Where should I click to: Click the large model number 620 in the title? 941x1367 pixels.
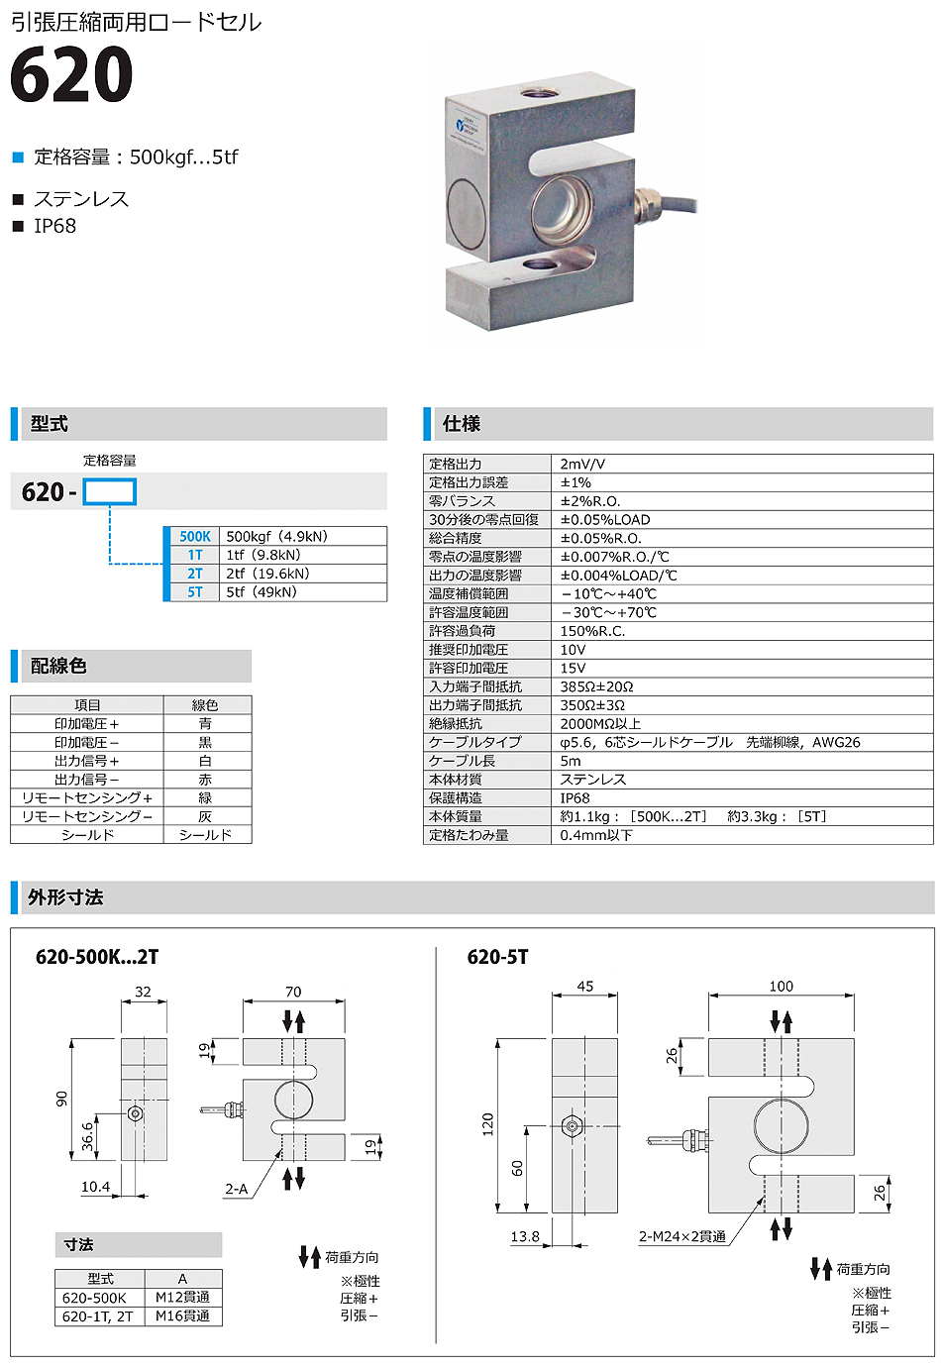coord(71,76)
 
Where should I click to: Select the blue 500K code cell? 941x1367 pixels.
coord(195,536)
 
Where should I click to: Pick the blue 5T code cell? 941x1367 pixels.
coord(195,592)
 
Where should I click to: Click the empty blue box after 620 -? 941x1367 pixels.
coord(109,492)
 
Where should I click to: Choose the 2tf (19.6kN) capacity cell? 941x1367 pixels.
coord(267,574)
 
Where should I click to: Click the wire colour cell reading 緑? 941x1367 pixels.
coord(205,797)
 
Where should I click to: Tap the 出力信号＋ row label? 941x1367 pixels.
coord(87,761)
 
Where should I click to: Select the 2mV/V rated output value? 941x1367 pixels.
coord(582,464)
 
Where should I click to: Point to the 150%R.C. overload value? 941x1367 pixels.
coord(592,631)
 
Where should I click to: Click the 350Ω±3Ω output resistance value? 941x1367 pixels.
coord(592,705)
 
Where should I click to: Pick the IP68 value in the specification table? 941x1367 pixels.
coord(575,797)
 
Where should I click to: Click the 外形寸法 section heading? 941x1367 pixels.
coord(65,897)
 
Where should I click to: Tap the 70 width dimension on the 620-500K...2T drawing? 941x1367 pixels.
coord(293,991)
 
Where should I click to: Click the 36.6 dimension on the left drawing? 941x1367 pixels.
coord(87,1136)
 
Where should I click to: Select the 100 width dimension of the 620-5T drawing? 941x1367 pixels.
coord(781,986)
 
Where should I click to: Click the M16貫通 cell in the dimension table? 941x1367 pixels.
coord(182,1316)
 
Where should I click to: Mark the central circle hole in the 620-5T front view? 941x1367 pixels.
coord(782,1125)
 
